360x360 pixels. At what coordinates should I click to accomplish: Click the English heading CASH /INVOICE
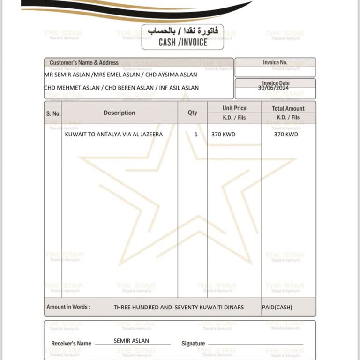coord(183,42)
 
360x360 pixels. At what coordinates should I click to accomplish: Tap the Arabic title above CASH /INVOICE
coord(183,31)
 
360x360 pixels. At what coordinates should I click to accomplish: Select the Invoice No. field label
coord(275,62)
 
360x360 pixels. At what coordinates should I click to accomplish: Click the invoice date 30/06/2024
coord(274,88)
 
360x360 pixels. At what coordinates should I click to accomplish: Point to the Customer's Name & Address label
coord(84,62)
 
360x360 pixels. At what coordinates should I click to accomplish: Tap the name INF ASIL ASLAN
coord(178,88)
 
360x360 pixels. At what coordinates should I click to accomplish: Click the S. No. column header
coord(53,113)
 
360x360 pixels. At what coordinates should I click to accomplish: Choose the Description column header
coord(119,113)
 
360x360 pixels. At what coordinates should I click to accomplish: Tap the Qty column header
coord(193,113)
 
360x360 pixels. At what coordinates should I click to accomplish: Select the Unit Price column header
coord(234,108)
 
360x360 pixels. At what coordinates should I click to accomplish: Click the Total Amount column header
coord(288,108)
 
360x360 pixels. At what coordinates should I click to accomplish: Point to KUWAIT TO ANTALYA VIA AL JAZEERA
coord(114,134)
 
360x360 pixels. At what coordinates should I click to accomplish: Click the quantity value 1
coord(196,134)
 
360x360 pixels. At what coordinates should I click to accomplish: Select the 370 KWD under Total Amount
coord(286,134)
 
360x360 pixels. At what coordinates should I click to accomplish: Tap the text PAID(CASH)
coord(277,307)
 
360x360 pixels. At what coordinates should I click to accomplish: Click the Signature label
coord(193,344)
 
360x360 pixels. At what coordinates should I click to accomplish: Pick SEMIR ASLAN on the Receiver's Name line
coord(131,341)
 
